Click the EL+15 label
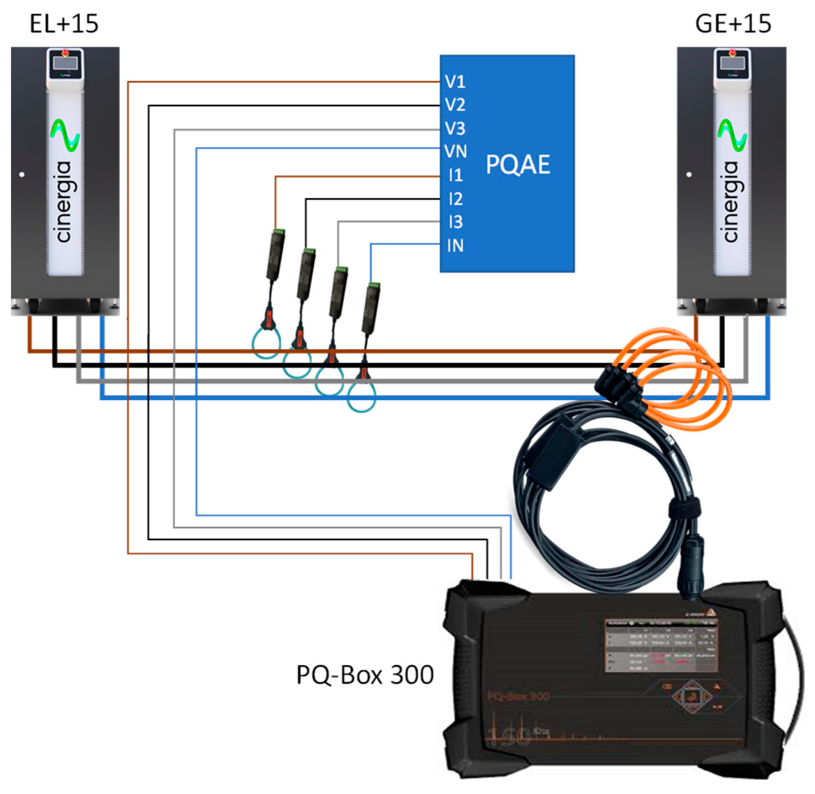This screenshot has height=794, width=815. click(x=64, y=24)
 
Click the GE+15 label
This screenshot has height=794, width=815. click(x=733, y=24)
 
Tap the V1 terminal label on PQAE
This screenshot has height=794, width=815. click(x=455, y=81)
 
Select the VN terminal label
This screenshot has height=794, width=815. click(x=455, y=151)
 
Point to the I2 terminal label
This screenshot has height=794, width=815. click(x=455, y=199)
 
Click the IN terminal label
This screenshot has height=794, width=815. click(x=455, y=246)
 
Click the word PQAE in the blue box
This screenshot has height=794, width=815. click(x=518, y=165)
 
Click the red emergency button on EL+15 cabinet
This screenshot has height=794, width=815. click(x=65, y=53)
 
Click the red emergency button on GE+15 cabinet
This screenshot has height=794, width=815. click(x=732, y=53)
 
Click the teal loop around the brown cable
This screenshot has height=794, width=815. click(x=266, y=343)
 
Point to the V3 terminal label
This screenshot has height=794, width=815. click(x=455, y=128)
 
